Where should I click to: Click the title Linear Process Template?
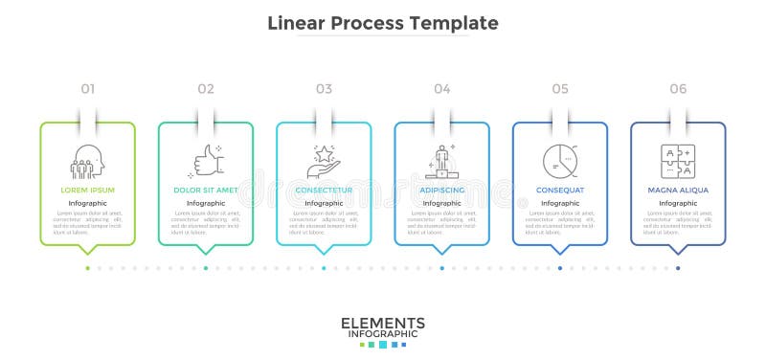383,22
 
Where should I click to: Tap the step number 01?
88,89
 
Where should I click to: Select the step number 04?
441,89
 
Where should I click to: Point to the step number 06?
678,89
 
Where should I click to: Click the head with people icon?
88,160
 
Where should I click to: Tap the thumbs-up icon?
206,160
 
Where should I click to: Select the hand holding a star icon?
324,160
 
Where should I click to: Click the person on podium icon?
441,160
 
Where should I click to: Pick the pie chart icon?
559,160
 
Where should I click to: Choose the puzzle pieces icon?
678,160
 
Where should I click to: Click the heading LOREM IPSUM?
88,190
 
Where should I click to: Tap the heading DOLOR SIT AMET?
206,190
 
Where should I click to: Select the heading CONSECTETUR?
324,190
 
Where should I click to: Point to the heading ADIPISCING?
441,190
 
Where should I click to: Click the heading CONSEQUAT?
559,190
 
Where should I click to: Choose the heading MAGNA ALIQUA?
678,190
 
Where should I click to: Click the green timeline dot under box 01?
88,268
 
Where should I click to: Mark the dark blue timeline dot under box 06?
678,268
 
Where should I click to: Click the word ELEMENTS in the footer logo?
383,323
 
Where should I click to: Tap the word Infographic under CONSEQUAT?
559,203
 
